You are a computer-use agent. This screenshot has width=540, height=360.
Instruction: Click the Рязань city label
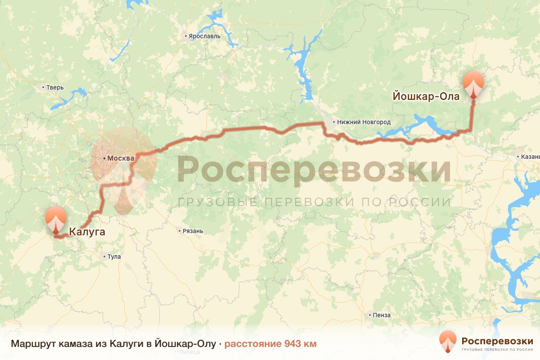[x=193, y=231]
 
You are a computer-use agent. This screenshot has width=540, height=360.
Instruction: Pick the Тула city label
[x=114, y=257]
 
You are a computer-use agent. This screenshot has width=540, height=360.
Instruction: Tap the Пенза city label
[x=382, y=315]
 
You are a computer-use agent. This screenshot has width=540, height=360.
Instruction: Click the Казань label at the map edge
[x=530, y=157]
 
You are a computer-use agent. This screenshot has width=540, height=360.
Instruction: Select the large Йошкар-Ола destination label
[x=426, y=96]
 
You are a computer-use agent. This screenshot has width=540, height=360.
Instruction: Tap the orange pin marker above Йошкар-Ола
[x=474, y=84]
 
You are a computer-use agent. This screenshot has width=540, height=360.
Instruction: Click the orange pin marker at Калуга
[x=56, y=220]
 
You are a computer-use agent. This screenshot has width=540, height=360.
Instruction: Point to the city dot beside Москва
[x=104, y=158]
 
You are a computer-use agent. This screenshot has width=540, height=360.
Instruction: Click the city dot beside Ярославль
[x=185, y=36]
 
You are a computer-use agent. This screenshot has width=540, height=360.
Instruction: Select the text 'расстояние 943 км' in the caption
[x=270, y=344]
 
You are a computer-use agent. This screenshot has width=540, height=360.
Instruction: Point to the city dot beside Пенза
[x=369, y=315]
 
